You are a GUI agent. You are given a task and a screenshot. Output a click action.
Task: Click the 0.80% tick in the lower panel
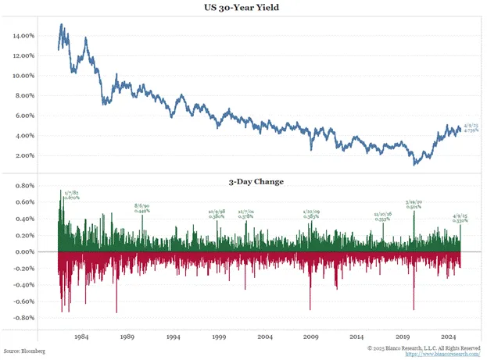tap(27, 186)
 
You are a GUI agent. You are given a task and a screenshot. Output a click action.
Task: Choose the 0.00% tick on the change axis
tap(27, 252)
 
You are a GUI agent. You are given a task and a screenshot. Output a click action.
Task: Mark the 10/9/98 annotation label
tap(217, 213)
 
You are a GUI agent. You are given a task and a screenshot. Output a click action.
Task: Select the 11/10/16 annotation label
tap(383, 216)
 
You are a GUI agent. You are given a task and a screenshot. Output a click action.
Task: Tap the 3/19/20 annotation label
tap(415, 205)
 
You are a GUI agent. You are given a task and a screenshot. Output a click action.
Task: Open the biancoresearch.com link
tap(442, 355)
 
